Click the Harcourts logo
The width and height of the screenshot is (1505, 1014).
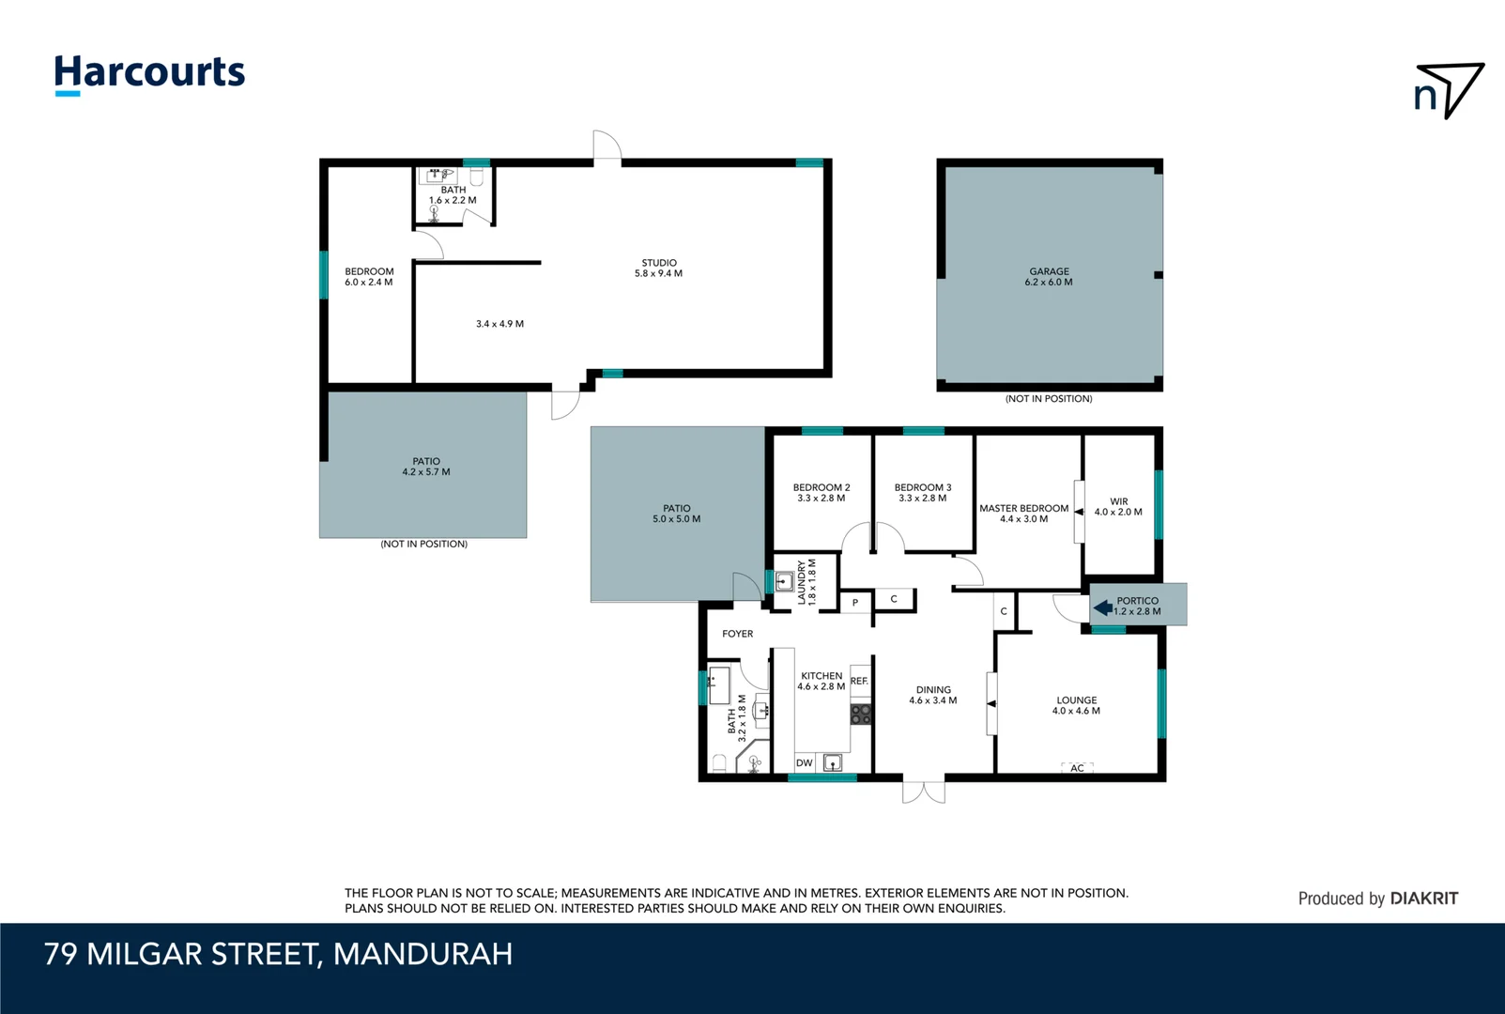(149, 73)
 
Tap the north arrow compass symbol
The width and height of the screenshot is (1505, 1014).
(1449, 90)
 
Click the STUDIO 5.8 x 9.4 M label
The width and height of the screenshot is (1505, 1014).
(658, 269)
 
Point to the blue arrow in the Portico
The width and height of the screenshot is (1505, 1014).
(1103, 607)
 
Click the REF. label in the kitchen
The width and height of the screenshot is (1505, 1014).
(859, 681)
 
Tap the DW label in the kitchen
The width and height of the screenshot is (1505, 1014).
(804, 763)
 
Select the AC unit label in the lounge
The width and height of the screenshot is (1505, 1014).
(1077, 768)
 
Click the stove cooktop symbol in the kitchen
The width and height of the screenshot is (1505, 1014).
(861, 714)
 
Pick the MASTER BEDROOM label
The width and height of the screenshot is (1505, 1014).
(1023, 513)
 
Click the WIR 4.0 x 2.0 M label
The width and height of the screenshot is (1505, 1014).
(1118, 507)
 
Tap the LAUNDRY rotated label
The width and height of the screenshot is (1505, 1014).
(806, 582)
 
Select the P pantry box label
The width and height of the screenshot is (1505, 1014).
(855, 603)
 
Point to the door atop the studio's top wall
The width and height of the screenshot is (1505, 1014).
(607, 146)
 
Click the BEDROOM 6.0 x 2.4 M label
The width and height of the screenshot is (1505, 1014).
(369, 277)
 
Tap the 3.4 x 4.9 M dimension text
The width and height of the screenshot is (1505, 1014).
(499, 324)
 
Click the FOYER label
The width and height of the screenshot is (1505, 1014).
(737, 634)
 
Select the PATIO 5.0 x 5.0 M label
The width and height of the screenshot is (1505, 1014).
(676, 514)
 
